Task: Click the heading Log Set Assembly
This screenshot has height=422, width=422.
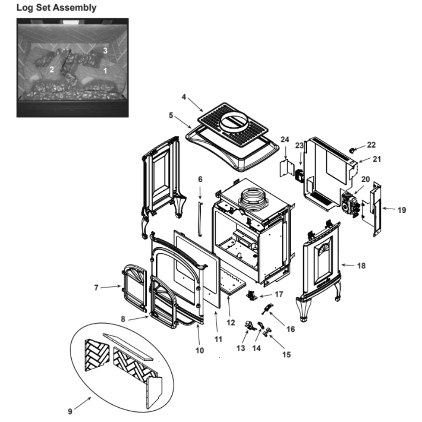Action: click(x=56, y=8)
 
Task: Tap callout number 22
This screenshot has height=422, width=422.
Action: click(x=371, y=145)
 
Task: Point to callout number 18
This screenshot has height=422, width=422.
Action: click(x=361, y=266)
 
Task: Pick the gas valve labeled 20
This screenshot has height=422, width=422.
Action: click(x=350, y=203)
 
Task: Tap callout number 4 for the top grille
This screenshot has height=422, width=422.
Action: click(x=184, y=97)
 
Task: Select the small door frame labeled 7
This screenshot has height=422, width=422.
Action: click(x=135, y=288)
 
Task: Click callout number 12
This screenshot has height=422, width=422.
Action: click(x=230, y=322)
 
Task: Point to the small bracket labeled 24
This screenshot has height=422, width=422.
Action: click(x=286, y=168)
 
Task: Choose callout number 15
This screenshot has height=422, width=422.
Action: click(x=287, y=354)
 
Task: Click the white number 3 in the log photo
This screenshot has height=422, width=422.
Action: click(x=105, y=50)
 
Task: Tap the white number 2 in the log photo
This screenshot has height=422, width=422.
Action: click(x=51, y=70)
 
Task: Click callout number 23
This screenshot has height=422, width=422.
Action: click(x=299, y=146)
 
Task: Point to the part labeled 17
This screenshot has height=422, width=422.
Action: click(x=252, y=295)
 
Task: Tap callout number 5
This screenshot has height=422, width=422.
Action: click(x=170, y=115)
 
